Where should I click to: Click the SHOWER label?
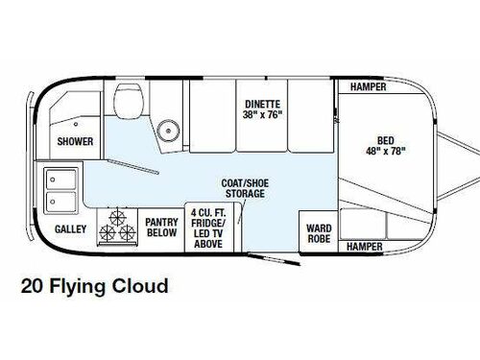pos(74,140)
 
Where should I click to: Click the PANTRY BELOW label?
pos(161,226)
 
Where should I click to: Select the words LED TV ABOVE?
pos(209,237)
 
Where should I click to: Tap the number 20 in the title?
pos(31,286)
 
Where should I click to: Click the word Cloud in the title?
pos(142,286)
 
